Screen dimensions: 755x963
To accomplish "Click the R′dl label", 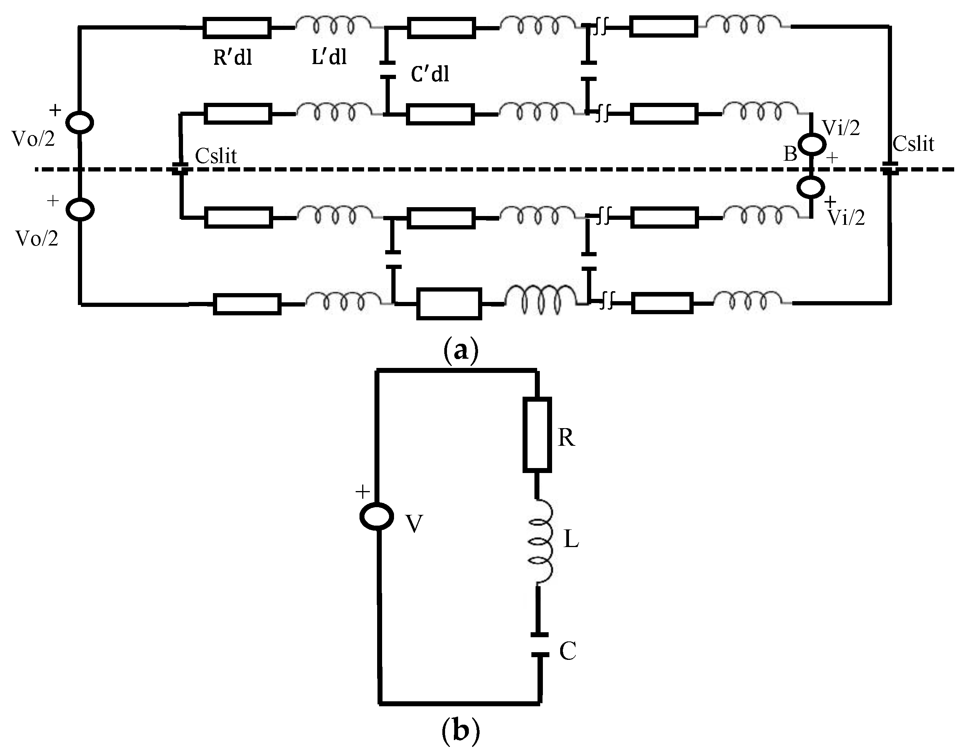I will [x=233, y=58].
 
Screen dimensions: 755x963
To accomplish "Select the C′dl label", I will [x=430, y=73].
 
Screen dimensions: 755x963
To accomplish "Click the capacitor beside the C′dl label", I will [x=388, y=71].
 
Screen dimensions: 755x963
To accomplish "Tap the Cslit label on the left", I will [x=216, y=156].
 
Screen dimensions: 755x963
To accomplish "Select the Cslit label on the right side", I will [x=913, y=144].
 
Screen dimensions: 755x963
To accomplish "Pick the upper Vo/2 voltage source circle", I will [x=79, y=122].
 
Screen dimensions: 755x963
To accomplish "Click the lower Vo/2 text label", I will [x=37, y=239].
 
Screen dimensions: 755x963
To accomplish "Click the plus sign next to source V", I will [x=363, y=491].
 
